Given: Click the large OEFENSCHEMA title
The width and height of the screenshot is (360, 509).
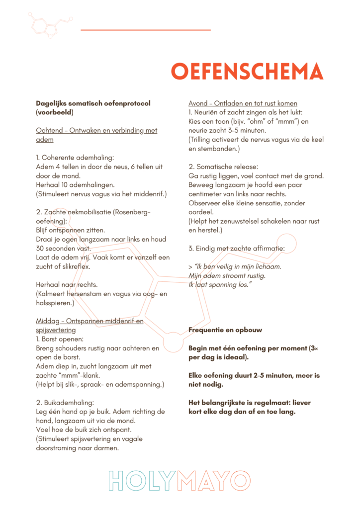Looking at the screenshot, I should (x=247, y=72).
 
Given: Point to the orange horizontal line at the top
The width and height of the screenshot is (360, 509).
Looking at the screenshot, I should (x=145, y=30).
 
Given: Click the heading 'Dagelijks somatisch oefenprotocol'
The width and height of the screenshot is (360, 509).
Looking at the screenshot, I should (x=93, y=103).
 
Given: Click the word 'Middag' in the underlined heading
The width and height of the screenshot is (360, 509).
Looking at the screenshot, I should (x=48, y=321).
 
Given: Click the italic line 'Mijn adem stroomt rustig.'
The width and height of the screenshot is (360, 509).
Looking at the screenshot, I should (x=227, y=275).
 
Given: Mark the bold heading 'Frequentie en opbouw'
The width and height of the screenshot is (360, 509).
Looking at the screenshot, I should (x=225, y=330).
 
